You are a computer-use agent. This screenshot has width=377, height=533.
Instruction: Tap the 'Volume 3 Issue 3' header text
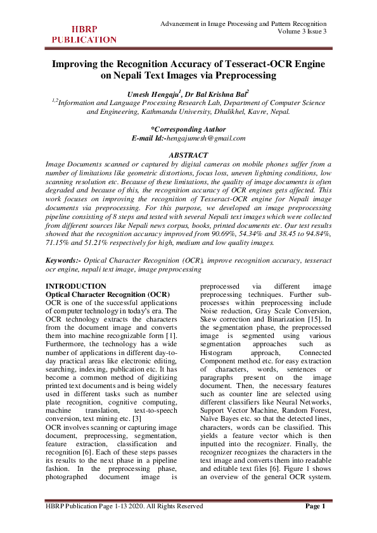[297, 31]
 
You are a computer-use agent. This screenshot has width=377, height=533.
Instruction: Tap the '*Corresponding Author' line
[188, 129]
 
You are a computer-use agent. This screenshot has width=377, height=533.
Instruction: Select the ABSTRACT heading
[188, 155]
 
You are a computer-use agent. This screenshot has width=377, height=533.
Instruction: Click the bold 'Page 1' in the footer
[315, 506]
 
